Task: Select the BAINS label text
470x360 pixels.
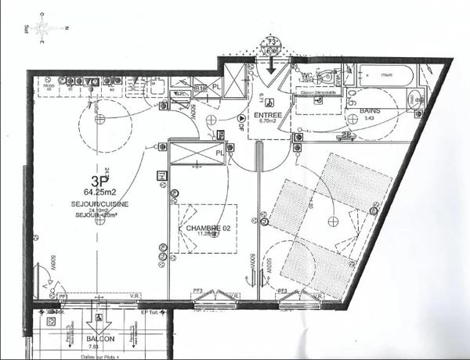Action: coord(371,112)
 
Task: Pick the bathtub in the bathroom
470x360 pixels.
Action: coord(386,75)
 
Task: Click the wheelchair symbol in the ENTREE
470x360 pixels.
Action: coord(240,116)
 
